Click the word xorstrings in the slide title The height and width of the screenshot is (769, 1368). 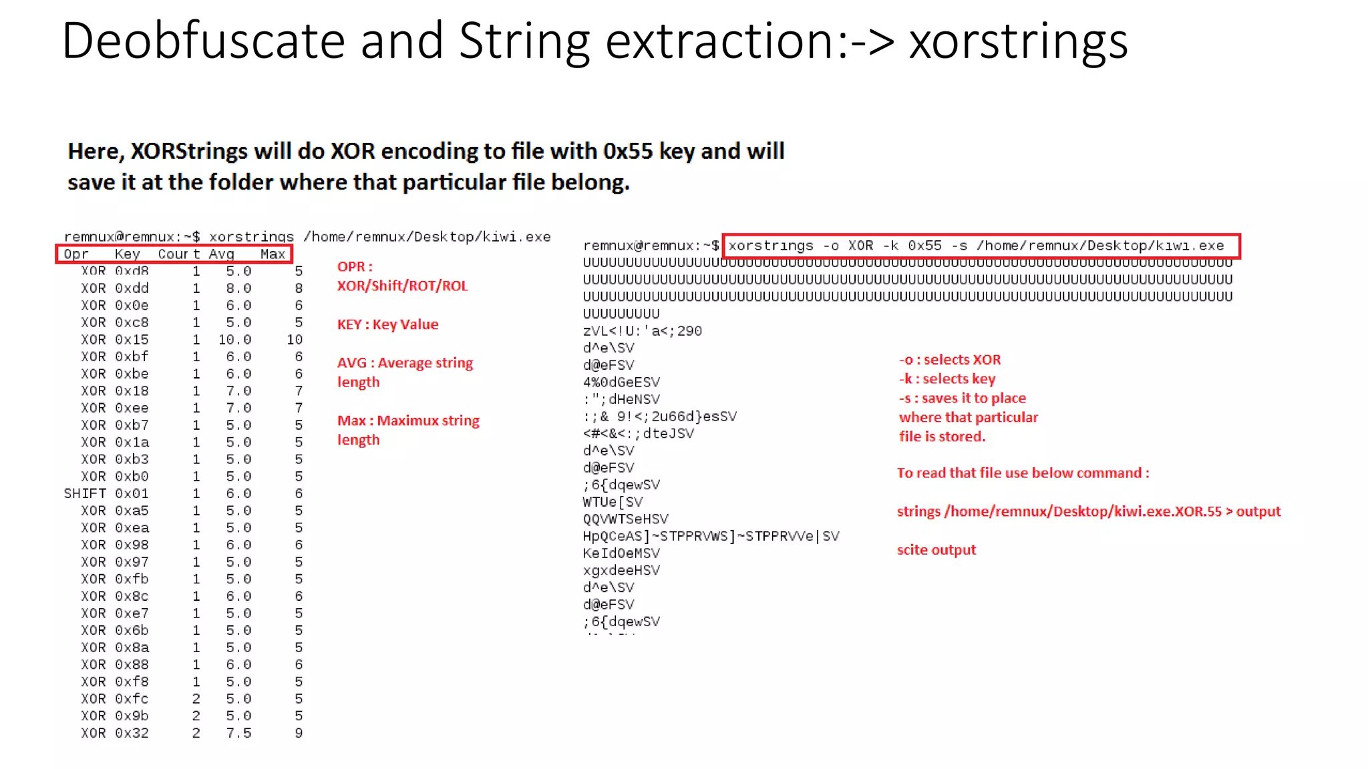tap(1018, 41)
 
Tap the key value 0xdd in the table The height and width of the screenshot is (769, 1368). tap(132, 288)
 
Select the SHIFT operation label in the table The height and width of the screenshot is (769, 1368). tap(85, 493)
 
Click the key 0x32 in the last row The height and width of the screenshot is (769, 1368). tap(132, 733)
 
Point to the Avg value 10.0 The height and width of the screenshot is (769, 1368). tap(234, 340)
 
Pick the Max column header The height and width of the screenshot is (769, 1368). tap(273, 254)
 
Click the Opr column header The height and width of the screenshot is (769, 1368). tap(76, 254)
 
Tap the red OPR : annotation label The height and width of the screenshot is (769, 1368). tap(355, 266)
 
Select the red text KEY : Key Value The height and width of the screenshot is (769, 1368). tap(387, 324)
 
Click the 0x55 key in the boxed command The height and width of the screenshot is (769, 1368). tap(924, 246)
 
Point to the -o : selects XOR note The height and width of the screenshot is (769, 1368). tap(949, 360)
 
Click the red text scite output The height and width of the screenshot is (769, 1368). tap(936, 550)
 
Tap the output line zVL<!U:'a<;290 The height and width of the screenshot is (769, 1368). tap(642, 331)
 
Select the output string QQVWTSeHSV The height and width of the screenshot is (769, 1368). tap(625, 519)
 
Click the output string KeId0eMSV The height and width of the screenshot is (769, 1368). tap(621, 553)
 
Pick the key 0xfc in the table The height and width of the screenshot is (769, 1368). tap(132, 699)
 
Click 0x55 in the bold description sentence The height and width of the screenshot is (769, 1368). tap(627, 152)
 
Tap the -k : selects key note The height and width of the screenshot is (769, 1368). tap(947, 379)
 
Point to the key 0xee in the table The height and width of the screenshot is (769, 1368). tap(132, 408)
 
